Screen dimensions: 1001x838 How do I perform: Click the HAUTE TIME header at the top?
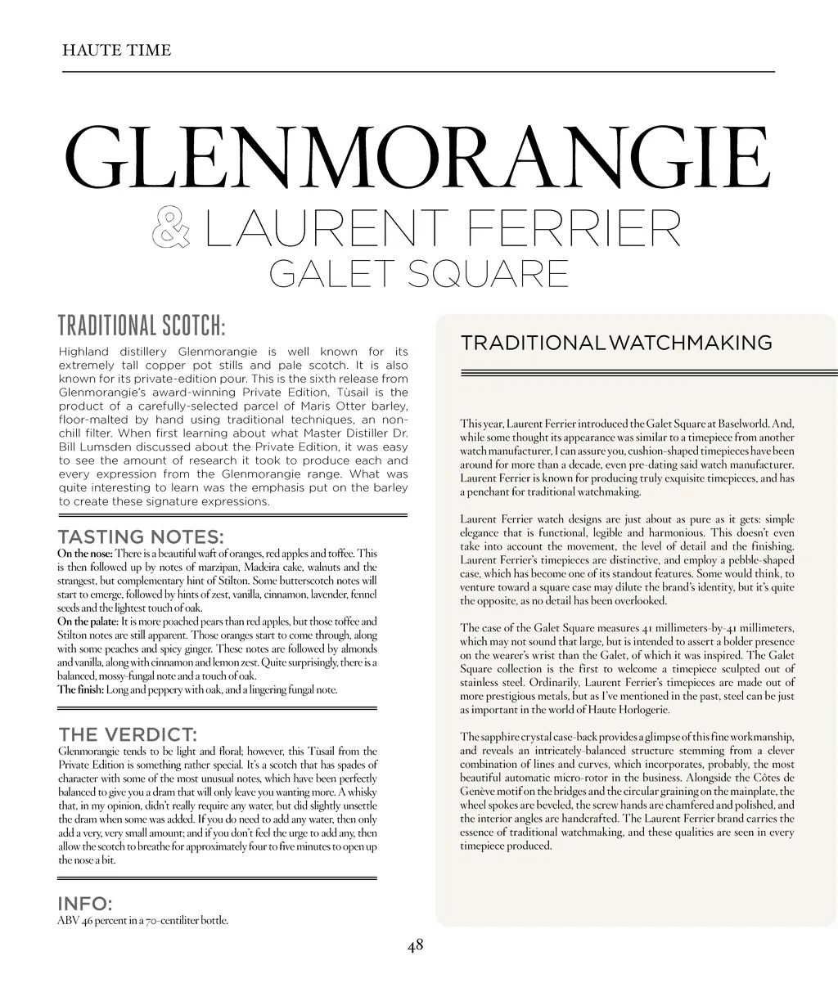pos(116,51)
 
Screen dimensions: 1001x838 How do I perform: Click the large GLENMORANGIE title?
pos(417,157)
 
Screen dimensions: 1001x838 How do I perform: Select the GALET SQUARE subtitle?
pos(418,273)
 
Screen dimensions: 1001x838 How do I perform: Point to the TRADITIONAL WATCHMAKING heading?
pos(616,343)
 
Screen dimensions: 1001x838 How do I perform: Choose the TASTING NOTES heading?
pos(140,537)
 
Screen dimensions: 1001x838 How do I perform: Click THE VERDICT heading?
pos(127,734)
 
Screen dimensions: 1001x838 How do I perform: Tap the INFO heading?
pos(84,904)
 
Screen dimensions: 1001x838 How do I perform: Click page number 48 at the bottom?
pos(416,945)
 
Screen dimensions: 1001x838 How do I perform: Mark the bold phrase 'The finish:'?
pos(80,689)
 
